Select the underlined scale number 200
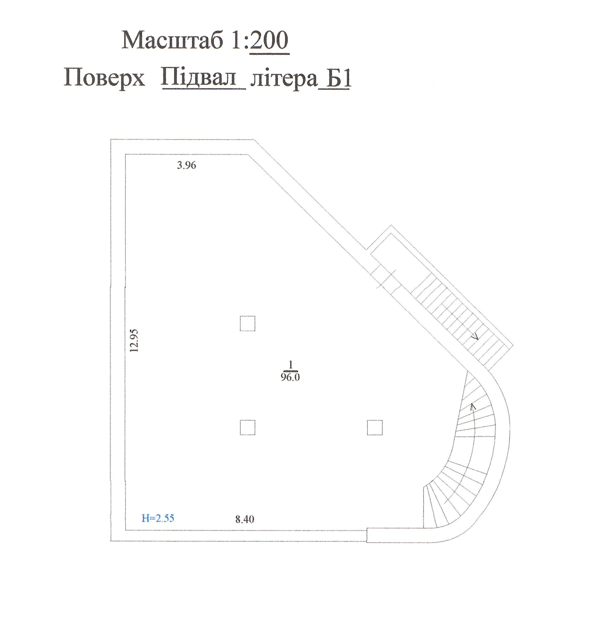pos(269,41)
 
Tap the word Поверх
pos(104,78)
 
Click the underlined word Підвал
pos(203,78)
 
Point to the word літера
pos(284,79)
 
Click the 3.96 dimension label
pos(186,165)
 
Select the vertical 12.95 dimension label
pos(135,341)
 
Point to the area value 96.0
pos(290,377)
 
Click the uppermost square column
pos(247,324)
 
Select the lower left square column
pos(247,428)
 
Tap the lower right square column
pos(375,428)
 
